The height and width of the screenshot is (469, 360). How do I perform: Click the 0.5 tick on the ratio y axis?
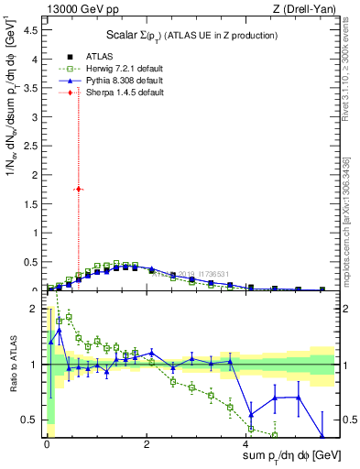click(x=31, y=420)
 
